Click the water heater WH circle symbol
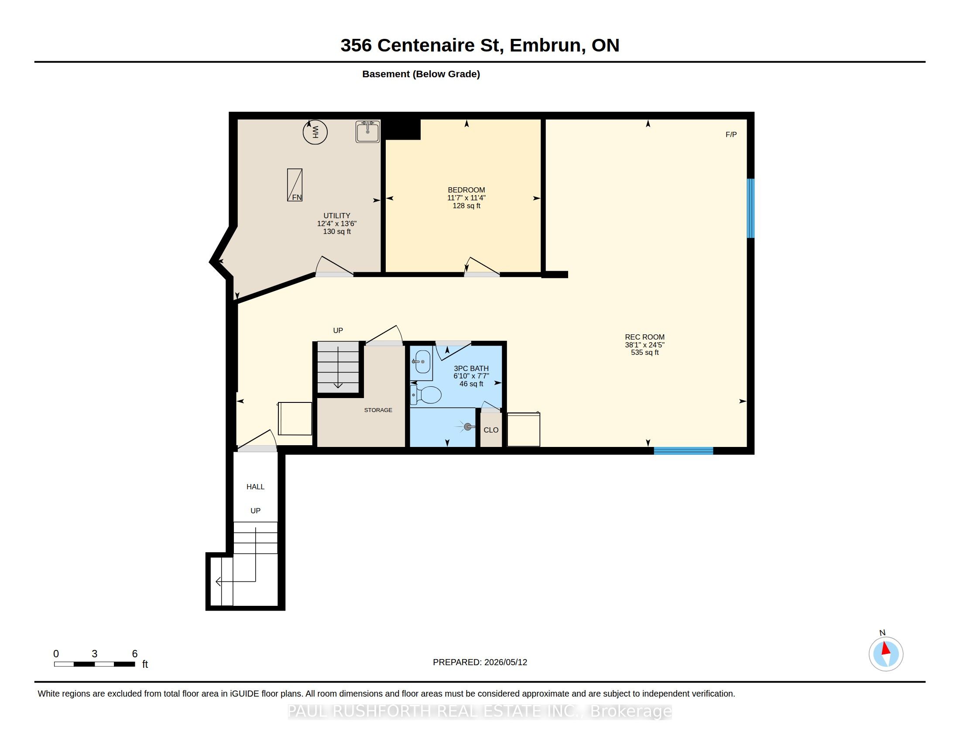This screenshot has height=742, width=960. click(x=315, y=132)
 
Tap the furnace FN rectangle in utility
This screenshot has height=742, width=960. click(x=295, y=185)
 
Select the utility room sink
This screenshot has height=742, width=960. click(x=367, y=131)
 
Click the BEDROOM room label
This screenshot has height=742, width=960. click(x=466, y=190)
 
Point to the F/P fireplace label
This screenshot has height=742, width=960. click(x=731, y=134)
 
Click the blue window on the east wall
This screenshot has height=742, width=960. click(x=751, y=208)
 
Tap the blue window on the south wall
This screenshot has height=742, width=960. click(x=683, y=450)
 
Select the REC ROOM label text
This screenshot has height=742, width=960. click(x=645, y=337)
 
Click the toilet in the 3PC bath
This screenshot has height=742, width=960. click(x=425, y=395)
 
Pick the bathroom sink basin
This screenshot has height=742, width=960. click(x=422, y=362)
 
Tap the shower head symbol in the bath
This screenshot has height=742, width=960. click(x=467, y=427)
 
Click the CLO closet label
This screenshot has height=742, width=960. click(x=491, y=430)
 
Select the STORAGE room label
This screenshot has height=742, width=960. click(x=378, y=410)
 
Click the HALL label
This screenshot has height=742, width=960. click(x=255, y=487)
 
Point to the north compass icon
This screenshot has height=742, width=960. click(x=886, y=654)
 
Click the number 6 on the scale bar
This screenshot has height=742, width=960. click(x=135, y=654)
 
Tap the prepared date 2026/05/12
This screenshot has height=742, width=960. click(x=505, y=662)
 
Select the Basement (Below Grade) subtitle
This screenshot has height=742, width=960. click(x=421, y=74)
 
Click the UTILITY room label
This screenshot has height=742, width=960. click(x=337, y=215)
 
